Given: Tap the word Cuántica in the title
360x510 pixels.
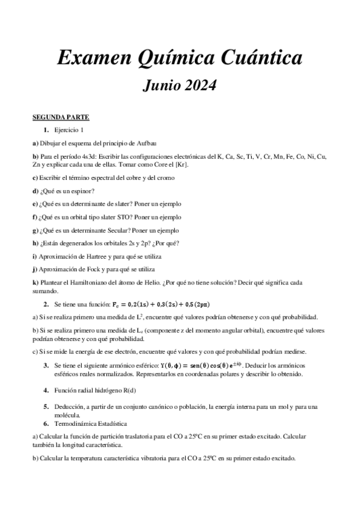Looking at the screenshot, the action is (260, 58).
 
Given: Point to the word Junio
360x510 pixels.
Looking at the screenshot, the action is (161, 85).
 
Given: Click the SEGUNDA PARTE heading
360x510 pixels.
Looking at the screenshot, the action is (61, 117).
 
